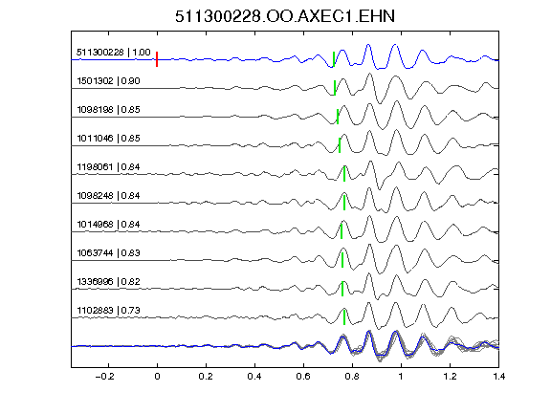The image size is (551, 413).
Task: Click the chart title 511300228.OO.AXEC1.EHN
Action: click(285, 16)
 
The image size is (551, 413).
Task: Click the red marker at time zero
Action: click(157, 59)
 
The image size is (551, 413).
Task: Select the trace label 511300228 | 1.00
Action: click(114, 53)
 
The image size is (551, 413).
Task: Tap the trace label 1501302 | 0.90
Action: click(109, 81)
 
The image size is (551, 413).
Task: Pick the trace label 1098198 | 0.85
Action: click(109, 110)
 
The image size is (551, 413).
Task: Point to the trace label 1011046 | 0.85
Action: click(109, 139)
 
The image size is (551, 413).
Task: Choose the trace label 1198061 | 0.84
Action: click(109, 166)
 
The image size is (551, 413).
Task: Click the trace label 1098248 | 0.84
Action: click(109, 196)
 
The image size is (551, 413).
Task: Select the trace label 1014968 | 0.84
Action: click(109, 225)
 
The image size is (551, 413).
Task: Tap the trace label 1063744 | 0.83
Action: click(109, 253)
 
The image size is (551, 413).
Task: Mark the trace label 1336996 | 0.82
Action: click(109, 282)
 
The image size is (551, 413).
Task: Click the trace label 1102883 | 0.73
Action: click(109, 311)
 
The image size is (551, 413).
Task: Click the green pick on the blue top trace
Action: click(334, 59)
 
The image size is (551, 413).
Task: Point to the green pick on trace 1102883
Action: click(344, 317)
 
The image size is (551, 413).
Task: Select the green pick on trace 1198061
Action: click(344, 174)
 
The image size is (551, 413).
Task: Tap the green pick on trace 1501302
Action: click(335, 88)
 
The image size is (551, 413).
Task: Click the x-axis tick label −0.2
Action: click(104, 377)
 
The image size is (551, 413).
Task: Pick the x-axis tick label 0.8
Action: click(352, 377)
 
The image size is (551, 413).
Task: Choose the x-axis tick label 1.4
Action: click(498, 377)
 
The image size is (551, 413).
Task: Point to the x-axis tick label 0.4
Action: click(254, 377)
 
